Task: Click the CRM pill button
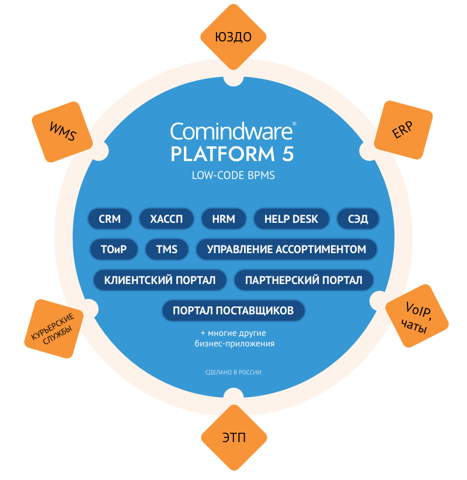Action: (110, 219)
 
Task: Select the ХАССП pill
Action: (166, 219)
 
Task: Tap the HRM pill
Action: (224, 219)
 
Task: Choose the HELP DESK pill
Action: (291, 219)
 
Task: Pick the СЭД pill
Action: (358, 219)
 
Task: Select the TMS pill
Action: (166, 250)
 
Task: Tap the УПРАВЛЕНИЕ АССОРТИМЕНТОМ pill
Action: (286, 250)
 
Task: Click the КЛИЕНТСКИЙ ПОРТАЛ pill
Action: (160, 280)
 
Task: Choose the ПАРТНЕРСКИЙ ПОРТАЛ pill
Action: (304, 280)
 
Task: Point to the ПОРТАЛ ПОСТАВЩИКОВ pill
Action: (233, 310)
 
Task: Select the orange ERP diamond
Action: (402, 131)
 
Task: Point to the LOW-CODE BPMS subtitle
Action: (233, 175)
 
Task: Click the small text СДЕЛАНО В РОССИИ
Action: (233, 372)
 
